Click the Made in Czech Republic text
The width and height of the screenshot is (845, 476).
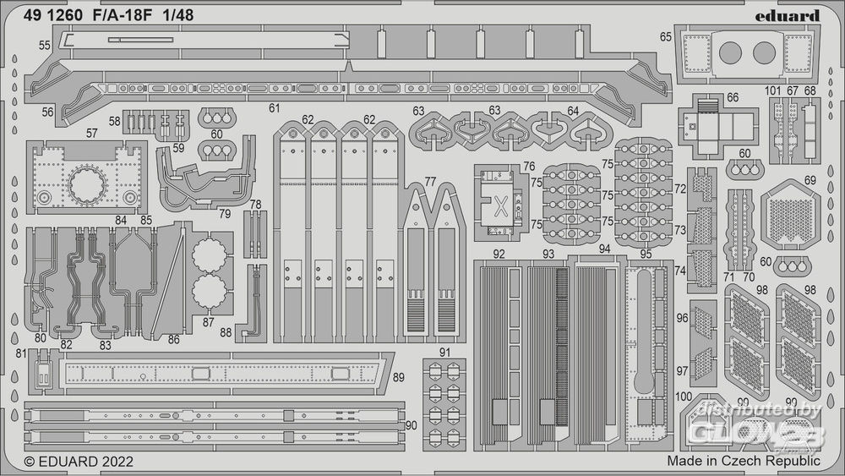point(743,462)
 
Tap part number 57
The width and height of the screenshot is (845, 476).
point(92,133)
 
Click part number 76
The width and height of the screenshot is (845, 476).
point(529,166)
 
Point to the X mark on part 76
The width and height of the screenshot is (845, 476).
point(500,204)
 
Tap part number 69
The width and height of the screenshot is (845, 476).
point(810,180)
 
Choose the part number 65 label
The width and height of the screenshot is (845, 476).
point(666,36)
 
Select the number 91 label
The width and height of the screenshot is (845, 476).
point(445,351)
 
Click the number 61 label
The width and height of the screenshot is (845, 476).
point(274,108)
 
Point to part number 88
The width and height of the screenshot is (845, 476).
point(226,332)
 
